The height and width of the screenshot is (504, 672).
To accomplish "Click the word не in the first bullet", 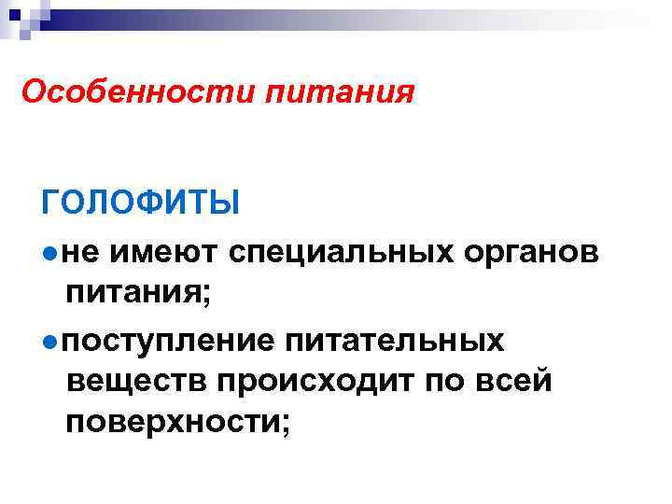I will pos(77,252).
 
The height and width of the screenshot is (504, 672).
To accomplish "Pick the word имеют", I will pos(159,252).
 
